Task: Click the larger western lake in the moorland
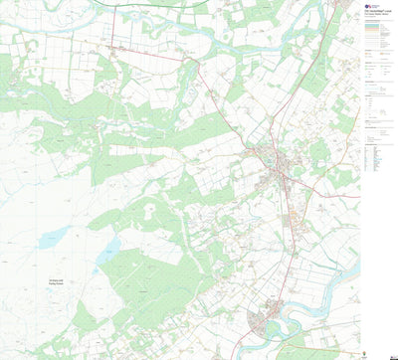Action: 52,237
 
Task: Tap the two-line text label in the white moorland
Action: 57,281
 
